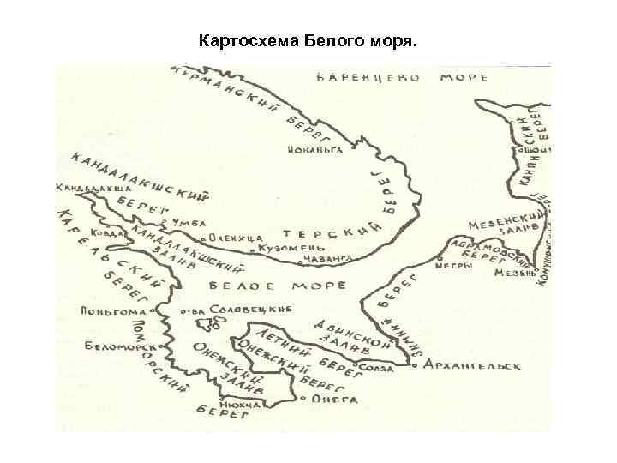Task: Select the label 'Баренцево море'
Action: [x=403, y=78]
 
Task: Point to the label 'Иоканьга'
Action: [x=314, y=148]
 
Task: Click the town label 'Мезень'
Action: [x=514, y=274]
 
